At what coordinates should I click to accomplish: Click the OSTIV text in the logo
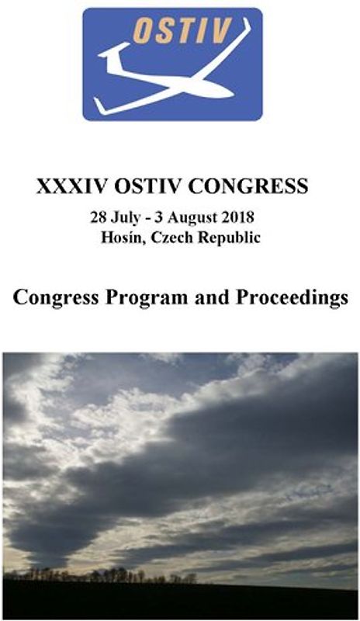point(182,31)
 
